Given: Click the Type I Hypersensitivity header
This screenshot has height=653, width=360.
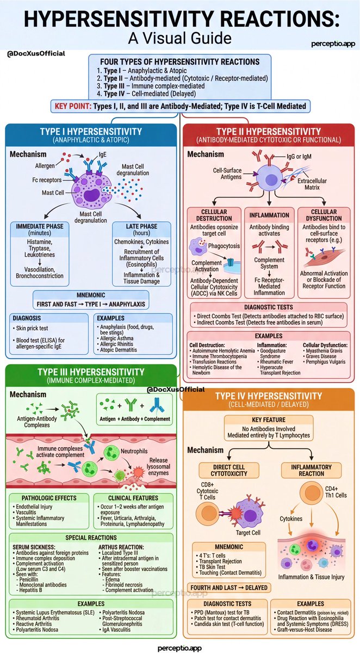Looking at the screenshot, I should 90,132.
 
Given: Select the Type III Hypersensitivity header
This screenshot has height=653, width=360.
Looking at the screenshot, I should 90,372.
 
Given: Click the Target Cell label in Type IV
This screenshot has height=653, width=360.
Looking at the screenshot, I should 248,532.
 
